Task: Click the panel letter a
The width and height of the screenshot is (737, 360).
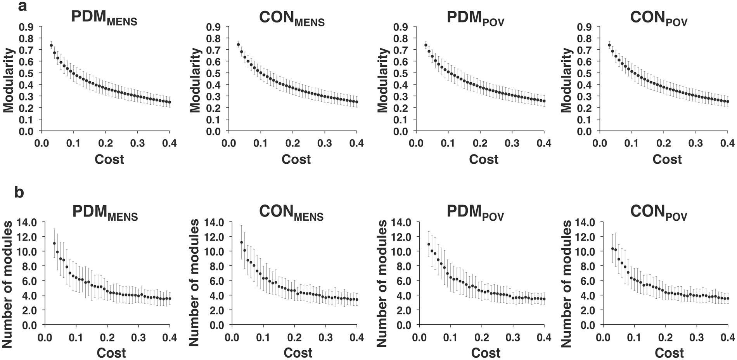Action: coord(22,6)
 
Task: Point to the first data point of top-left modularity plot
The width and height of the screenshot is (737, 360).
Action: coord(51,45)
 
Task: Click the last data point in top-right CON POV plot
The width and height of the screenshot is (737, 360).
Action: coord(727,102)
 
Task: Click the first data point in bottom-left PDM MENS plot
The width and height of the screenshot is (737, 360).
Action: coord(54,244)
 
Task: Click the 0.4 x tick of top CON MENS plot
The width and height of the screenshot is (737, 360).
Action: coord(356,144)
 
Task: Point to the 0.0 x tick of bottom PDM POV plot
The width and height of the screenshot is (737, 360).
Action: coord(419,337)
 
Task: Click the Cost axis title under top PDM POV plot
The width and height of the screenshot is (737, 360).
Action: coord(483,159)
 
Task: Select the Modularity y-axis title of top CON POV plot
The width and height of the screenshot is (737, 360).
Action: coord(567,80)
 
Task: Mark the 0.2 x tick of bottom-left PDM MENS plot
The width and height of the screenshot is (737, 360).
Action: coord(107,337)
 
